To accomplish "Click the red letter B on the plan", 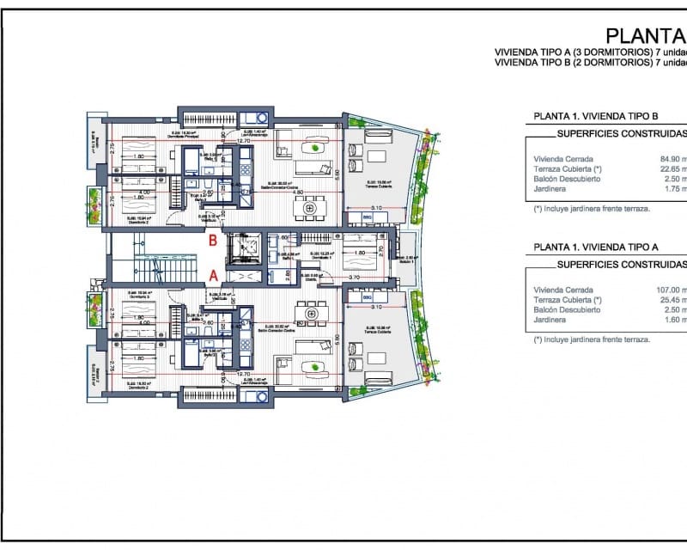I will tap(211, 241).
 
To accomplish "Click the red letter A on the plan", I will tap(211, 276).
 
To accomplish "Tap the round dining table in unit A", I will tap(310, 314).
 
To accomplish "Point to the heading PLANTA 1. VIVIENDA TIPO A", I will tap(596, 246).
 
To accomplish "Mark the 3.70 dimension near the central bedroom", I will tap(352, 278).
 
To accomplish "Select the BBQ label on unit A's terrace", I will tap(367, 298).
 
